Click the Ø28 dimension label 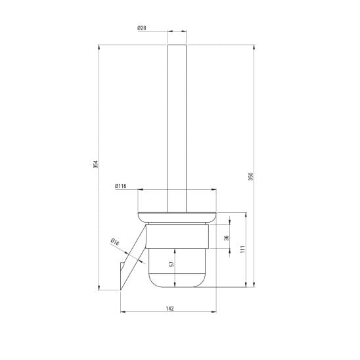[x=142, y=28]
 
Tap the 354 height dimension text [x=95, y=164]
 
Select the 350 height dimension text [x=251, y=176]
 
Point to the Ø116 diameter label [x=120, y=186]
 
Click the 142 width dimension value [x=170, y=309]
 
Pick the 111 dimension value [x=242, y=249]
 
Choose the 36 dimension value [x=227, y=238]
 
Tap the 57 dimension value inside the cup [x=171, y=264]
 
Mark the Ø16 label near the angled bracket [x=115, y=242]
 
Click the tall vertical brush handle [x=177, y=128]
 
